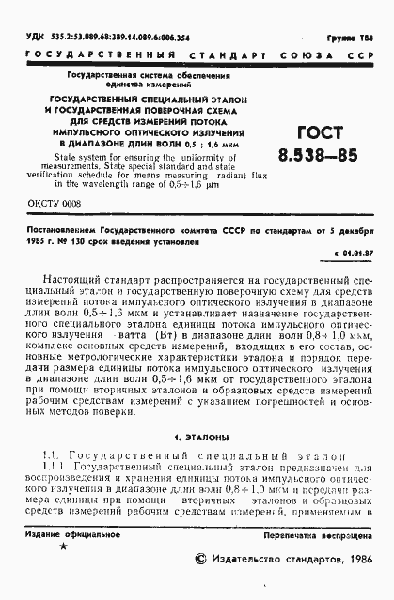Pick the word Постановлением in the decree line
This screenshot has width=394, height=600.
coord(65,228)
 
